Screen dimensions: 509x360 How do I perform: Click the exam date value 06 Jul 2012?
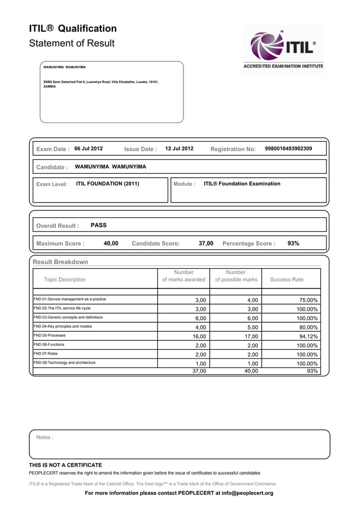[89, 149]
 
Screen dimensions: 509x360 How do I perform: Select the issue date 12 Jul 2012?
[179, 149]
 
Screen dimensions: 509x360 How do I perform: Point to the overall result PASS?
[99, 225]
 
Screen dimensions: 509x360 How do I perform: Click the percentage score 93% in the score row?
[293, 243]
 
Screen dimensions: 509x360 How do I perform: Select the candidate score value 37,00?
[206, 243]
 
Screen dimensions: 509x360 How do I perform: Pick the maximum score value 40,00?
[111, 243]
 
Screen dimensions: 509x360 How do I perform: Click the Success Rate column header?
[287, 279]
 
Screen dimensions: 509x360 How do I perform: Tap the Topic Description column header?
[65, 279]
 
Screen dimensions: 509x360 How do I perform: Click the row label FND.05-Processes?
[50, 335]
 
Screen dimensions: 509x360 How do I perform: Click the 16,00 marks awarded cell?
[199, 336]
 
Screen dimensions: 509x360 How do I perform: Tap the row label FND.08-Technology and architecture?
[64, 362]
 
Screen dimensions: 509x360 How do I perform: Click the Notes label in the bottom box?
[45, 437]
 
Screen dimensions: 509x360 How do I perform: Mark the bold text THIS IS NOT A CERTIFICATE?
[65, 465]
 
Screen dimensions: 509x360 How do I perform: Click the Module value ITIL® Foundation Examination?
[242, 183]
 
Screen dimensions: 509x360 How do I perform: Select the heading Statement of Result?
[72, 43]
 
